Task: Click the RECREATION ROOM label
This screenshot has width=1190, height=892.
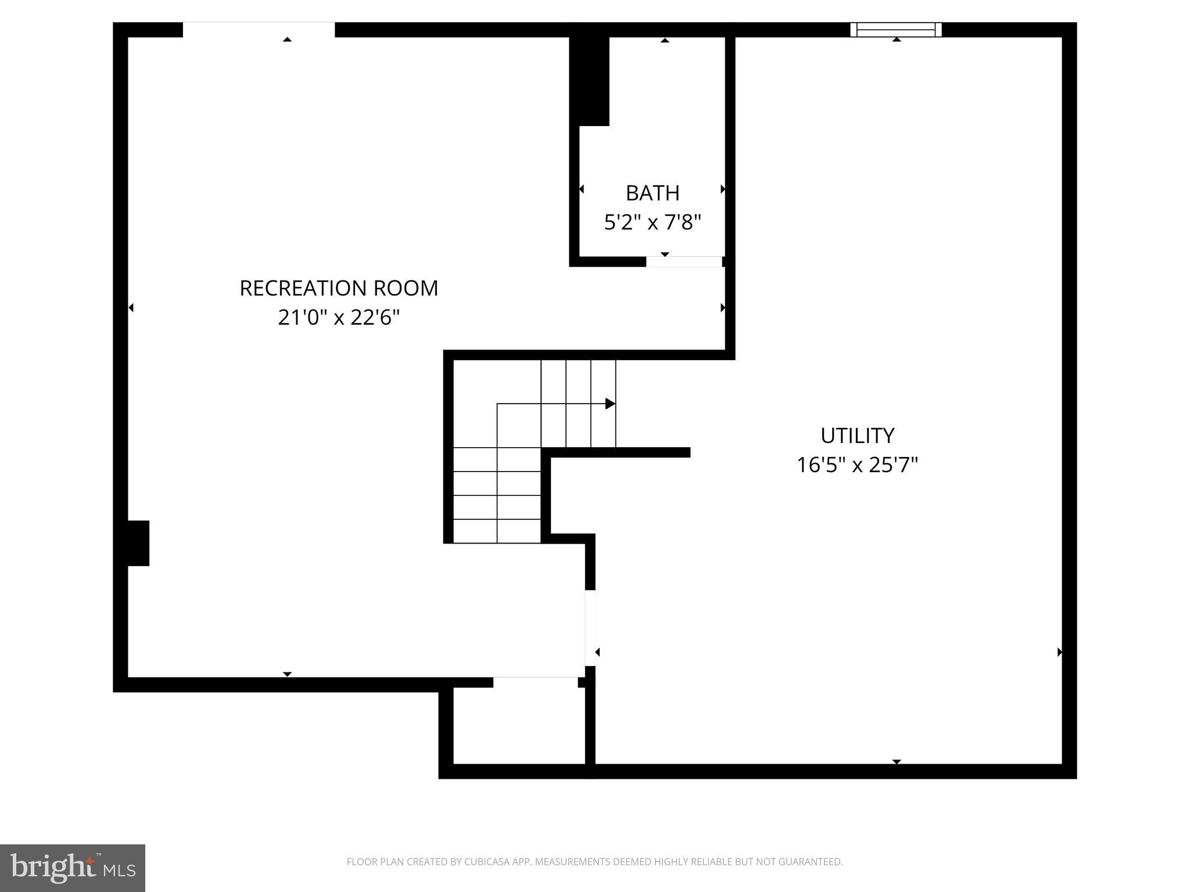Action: click(339, 288)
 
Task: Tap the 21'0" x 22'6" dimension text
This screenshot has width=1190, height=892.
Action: click(339, 318)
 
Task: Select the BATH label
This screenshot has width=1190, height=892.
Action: click(653, 193)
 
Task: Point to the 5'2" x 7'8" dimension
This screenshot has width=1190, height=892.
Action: click(653, 222)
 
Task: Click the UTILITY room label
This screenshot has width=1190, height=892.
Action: click(857, 436)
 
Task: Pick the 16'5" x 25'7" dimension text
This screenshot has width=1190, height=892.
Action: click(857, 465)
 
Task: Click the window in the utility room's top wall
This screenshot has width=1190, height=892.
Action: click(895, 30)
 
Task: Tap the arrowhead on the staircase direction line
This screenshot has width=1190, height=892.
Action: click(610, 404)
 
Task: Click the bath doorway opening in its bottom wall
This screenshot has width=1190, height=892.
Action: click(684, 262)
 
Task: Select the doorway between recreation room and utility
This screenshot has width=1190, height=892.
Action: click(590, 627)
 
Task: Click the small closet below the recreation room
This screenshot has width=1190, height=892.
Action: click(518, 726)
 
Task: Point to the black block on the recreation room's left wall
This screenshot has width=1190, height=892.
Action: click(138, 543)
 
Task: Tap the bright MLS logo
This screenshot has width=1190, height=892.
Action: click(73, 868)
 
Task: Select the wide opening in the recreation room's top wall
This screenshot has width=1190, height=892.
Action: click(259, 30)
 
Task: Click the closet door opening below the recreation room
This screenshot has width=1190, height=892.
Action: click(535, 682)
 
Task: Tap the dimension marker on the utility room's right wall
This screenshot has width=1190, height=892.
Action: click(1059, 652)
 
